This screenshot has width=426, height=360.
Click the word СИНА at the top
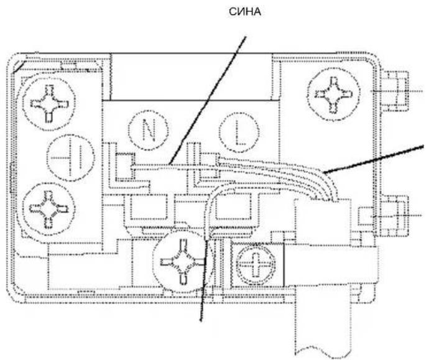[x=245, y=12]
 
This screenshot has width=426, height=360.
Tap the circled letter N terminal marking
[x=149, y=130]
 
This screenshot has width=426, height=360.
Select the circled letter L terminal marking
[x=239, y=132]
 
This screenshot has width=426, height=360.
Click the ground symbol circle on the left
[x=71, y=157]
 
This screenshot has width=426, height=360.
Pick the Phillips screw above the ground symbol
[x=49, y=103]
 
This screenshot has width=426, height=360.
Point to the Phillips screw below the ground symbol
[x=49, y=209]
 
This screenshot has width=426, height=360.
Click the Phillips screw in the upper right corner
[x=333, y=94]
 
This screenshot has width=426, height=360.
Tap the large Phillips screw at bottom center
[x=181, y=262]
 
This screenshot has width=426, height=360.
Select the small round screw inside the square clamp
[x=256, y=264]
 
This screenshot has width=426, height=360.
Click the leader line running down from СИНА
[x=207, y=101]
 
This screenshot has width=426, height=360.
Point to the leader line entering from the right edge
[x=373, y=159]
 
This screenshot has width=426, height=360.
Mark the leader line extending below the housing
[x=204, y=280]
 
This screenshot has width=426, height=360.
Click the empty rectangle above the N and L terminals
[x=192, y=77]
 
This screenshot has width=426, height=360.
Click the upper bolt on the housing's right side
[x=394, y=91]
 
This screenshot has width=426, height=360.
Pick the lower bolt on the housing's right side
[x=394, y=216]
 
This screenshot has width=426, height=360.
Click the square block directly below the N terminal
[x=149, y=207]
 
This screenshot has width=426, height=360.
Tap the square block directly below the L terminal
[x=236, y=207]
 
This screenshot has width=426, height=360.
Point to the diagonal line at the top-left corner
[x=20, y=66]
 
